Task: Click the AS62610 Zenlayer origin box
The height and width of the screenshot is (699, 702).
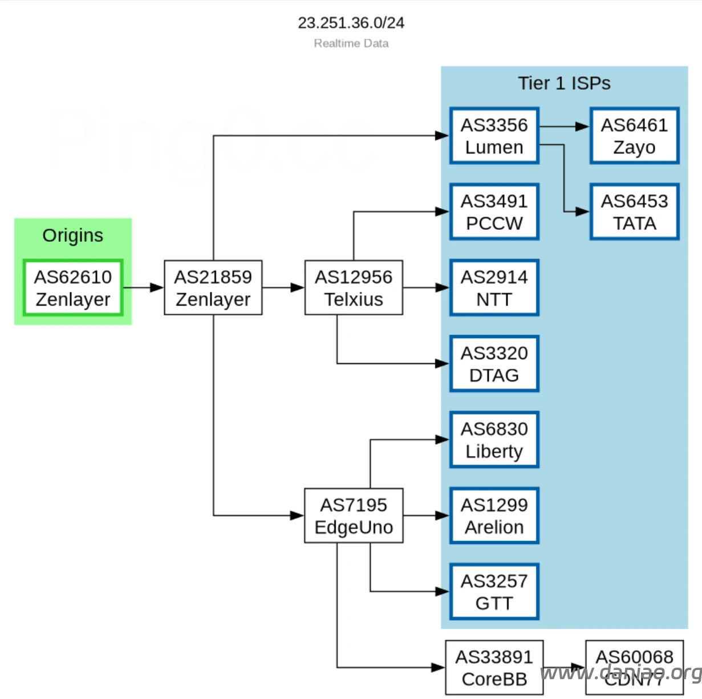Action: point(73,288)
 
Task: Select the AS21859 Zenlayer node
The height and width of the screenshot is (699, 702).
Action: point(213,288)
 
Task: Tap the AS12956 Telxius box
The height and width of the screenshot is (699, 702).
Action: point(354,288)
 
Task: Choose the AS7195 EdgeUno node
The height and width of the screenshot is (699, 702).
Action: point(354,515)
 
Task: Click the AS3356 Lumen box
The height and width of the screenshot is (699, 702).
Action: point(494,136)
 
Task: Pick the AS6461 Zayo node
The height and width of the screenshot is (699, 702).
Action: point(634,136)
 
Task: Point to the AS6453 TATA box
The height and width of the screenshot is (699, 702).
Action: point(634,212)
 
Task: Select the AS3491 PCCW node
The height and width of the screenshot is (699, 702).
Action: point(494,212)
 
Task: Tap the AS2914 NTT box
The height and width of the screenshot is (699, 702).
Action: point(494,288)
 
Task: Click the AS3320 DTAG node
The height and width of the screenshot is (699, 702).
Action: point(494,364)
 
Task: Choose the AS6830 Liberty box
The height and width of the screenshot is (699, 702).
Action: point(494,440)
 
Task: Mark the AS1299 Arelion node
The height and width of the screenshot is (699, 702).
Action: point(494,515)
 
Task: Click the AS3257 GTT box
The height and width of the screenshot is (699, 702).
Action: point(494,592)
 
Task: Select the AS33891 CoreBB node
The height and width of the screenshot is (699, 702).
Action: point(494,668)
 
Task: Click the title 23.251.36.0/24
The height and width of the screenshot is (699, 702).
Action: point(351,23)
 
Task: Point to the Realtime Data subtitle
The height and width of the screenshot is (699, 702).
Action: point(351,43)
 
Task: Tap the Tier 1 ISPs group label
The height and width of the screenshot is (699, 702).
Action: point(564,83)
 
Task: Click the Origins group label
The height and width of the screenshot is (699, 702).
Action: point(73,235)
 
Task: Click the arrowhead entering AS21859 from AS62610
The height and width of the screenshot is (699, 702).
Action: point(157,288)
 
